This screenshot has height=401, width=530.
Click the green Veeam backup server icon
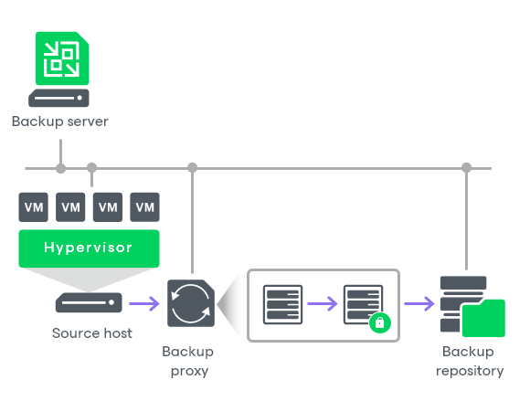[59, 58]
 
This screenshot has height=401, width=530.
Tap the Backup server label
[59, 121]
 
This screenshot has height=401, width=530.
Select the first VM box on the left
[34, 207]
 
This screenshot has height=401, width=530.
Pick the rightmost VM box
[144, 207]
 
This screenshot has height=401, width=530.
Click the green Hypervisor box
[89, 248]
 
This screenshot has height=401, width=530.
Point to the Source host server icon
[89, 302]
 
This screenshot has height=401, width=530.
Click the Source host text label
[92, 333]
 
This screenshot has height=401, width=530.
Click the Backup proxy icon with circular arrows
[191, 303]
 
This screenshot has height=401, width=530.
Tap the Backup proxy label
[187, 361]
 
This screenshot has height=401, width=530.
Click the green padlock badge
[380, 322]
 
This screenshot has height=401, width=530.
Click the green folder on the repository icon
[483, 318]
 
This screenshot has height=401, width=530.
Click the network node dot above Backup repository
[467, 168]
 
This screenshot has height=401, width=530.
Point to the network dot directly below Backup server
[60, 168]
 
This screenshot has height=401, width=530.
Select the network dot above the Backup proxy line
[192, 168]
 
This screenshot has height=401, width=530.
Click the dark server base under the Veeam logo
[59, 97]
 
